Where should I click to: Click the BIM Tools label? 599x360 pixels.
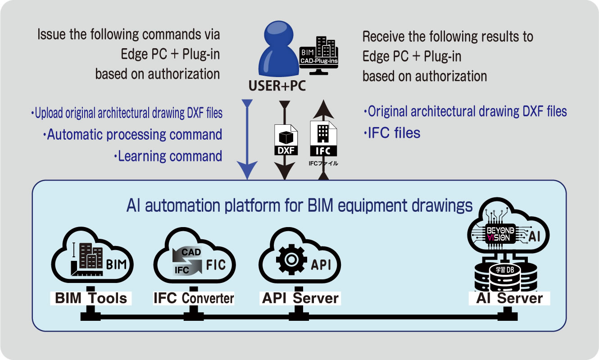pyautogui.click(x=91, y=298)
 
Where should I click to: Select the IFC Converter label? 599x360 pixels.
pyautogui.click(x=194, y=298)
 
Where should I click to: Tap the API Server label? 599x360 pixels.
pyautogui.click(x=300, y=298)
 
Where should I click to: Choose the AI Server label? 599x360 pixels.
pyautogui.click(x=506, y=298)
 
